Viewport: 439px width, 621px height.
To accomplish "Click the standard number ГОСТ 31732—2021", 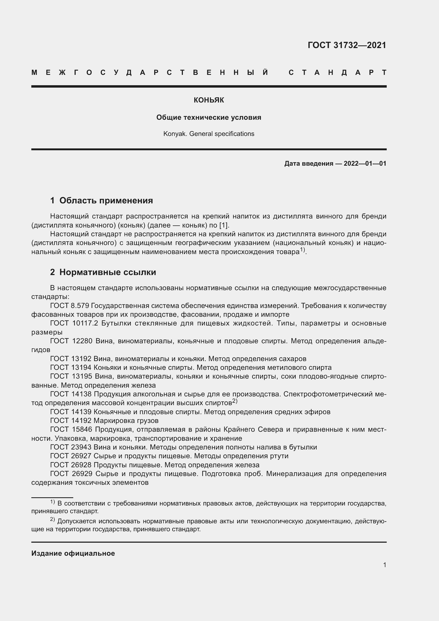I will click(347, 45).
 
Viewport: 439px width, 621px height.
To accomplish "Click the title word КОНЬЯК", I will click(209, 100).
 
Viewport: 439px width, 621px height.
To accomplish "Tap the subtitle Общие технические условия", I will click(209, 117).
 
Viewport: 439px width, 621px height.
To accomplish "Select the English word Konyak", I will click(175, 134).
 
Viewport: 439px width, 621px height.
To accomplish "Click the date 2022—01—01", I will click(365, 163).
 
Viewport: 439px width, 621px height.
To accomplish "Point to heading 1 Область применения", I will click(102, 200).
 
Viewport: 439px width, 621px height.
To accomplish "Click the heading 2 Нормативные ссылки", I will click(103, 272).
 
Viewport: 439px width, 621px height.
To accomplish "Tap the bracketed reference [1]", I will click(224, 225).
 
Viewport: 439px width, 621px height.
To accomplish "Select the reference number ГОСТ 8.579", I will click(70, 306).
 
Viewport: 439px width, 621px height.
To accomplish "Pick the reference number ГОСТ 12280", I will click(71, 341).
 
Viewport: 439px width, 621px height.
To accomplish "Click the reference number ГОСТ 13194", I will click(71, 367).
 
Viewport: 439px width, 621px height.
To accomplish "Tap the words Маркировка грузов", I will click(126, 421).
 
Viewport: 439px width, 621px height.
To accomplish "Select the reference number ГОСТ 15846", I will click(71, 430).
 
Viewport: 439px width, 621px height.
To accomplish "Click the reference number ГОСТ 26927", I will click(71, 456).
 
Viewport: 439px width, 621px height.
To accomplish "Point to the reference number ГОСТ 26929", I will click(71, 474).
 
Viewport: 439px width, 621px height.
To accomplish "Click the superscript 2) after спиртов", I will click(235, 401).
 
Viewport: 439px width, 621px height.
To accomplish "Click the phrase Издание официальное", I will click(73, 553).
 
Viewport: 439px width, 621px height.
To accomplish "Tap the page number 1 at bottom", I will click(385, 565).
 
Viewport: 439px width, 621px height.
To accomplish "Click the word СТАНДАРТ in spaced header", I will click(337, 72).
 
